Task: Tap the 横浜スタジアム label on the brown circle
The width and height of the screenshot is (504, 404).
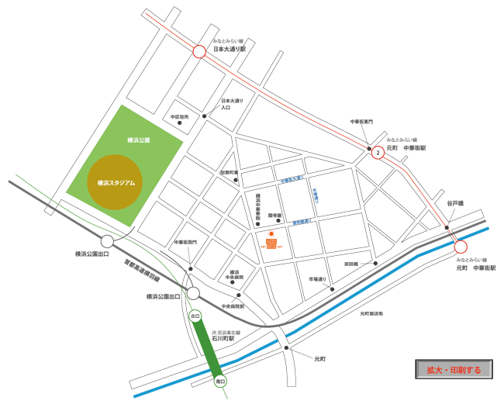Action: pos(116,183)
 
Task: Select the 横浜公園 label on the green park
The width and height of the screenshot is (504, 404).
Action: pos(138,140)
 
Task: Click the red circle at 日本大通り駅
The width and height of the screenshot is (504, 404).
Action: pos(199,52)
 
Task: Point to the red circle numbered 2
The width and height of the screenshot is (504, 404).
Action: pos(378,153)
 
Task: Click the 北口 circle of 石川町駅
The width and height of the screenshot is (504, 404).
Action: pos(195,316)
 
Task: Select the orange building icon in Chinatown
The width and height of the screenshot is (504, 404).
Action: pos(271,243)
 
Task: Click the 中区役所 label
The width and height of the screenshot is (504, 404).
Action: pos(180,117)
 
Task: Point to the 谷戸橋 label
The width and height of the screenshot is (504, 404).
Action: pos(454,203)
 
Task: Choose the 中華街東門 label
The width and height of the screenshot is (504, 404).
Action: pos(361,122)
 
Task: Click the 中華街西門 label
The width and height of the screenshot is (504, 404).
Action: pos(185,242)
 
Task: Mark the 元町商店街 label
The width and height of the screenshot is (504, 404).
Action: pos(371,314)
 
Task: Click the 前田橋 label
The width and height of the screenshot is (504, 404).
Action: pos(351,264)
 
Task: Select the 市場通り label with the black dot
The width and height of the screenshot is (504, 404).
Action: pos(319,278)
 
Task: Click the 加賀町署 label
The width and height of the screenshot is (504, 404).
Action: pos(229,172)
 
